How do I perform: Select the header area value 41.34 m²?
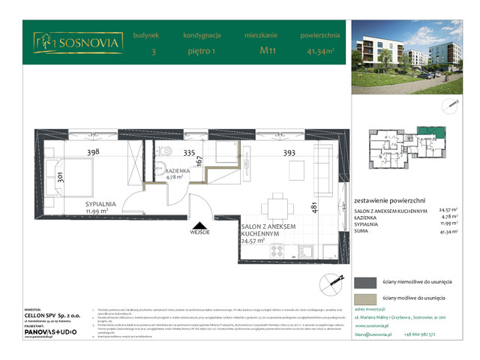320,51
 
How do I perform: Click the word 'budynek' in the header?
145,35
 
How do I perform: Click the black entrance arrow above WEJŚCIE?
199,224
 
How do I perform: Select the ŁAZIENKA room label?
177,170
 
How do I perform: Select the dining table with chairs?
277,206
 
